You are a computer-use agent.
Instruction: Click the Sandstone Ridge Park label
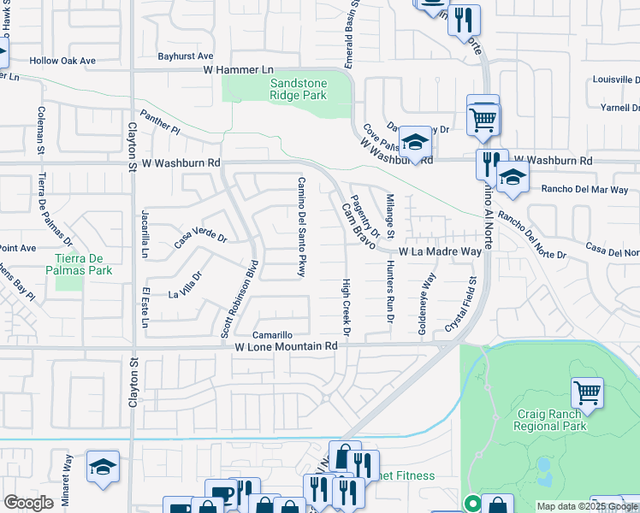coord(298,90)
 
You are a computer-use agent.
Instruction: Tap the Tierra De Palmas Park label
coord(83,264)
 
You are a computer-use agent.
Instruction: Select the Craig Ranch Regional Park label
coord(551,419)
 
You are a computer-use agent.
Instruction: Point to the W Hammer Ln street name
coord(237,69)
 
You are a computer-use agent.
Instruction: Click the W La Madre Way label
coord(441,252)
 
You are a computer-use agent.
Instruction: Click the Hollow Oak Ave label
coord(62,61)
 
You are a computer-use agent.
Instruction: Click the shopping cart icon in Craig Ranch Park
coord(588,392)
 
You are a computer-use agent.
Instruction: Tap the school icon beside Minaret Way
coord(103,466)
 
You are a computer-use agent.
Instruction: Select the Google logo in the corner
coord(28,503)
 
